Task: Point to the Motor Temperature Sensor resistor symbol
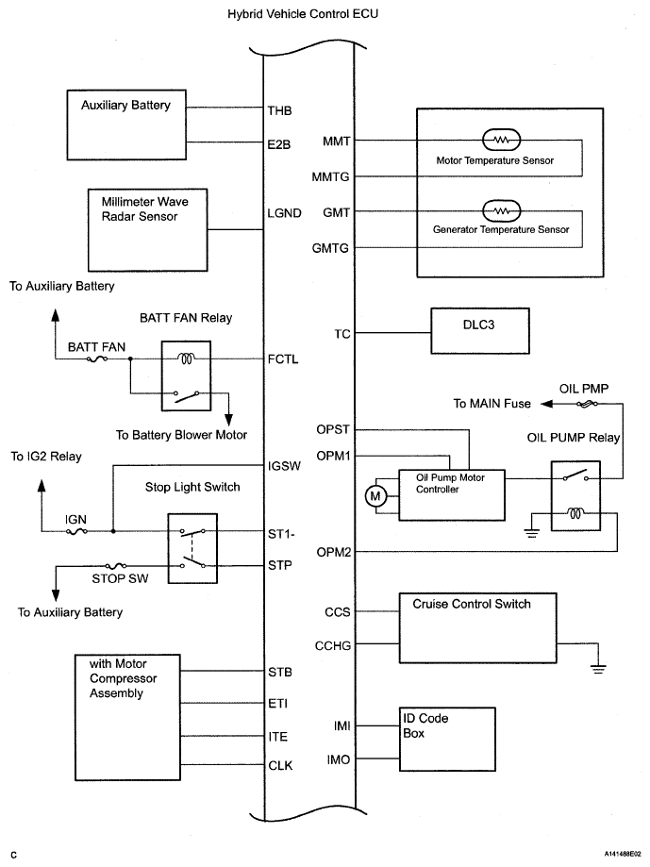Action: pos(501,140)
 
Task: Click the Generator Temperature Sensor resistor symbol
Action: pos(501,210)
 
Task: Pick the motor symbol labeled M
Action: pos(375,496)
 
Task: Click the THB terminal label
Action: pos(279,110)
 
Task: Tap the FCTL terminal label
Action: pos(283,358)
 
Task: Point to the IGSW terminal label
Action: pos(284,466)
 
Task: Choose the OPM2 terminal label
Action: pos(334,552)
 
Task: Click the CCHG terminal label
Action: pos(333,645)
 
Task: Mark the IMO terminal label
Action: pos(339,759)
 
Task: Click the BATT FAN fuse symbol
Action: pos(97,358)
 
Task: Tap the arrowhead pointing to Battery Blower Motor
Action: pos(227,420)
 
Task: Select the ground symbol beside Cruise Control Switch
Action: pos(598,667)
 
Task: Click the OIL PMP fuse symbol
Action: pos(587,404)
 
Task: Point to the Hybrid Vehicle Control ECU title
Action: pos(303,14)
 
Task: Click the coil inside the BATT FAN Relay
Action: pos(185,359)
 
